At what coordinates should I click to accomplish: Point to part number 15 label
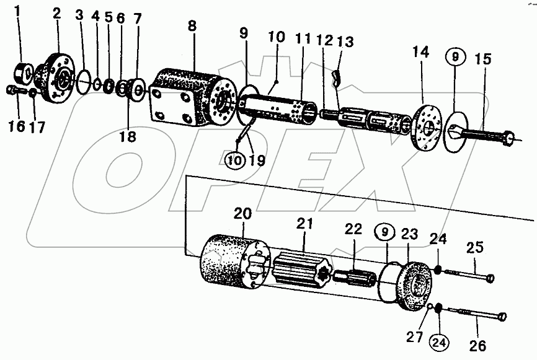pos(484,60)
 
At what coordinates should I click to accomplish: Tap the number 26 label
pos(479,345)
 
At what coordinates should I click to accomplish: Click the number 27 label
pos(415,337)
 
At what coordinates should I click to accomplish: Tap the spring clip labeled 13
pos(338,77)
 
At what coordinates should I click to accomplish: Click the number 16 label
pos(14,126)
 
